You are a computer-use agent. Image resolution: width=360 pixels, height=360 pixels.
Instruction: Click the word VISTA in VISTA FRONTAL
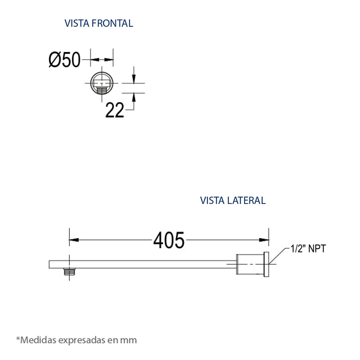coord(77,23)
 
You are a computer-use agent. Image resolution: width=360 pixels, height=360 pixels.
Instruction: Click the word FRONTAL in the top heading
coord(112,23)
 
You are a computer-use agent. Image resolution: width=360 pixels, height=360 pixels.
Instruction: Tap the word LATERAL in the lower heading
coord(246,200)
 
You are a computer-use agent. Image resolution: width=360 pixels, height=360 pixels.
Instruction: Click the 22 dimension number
coord(115,110)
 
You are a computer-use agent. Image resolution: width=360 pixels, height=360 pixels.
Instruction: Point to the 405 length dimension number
coord(169,240)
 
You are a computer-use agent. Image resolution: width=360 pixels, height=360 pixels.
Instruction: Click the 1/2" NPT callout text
coord(308,249)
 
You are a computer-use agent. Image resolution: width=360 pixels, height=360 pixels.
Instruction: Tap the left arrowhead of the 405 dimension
coord(74,240)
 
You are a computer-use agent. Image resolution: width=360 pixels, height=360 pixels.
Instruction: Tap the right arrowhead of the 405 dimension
coord(264,240)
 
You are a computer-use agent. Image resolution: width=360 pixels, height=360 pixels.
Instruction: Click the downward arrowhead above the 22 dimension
coord(133,79)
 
